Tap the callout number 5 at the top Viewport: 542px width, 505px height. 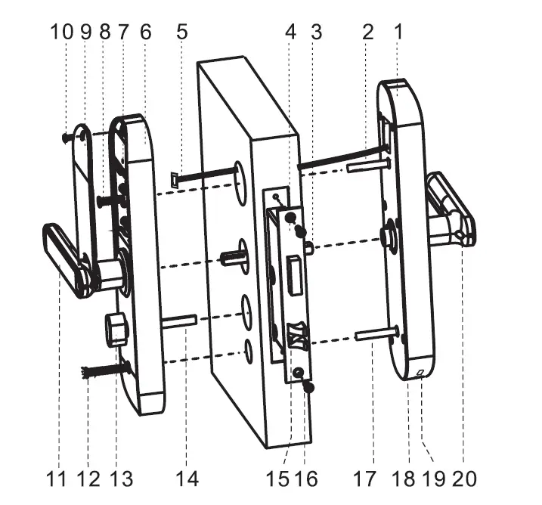coord(181,32)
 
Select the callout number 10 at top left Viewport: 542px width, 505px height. coord(62,32)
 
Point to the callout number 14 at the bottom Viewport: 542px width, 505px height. coord(187,478)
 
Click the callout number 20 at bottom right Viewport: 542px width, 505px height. coord(465,478)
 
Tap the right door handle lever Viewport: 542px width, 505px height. coord(452,208)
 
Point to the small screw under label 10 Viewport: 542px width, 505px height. coord(67,137)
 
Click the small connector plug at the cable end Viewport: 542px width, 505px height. coord(175,180)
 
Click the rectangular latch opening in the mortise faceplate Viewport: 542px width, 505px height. coord(293,270)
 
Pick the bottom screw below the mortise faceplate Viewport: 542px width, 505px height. coord(309,386)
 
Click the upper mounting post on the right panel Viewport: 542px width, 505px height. coord(369,166)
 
